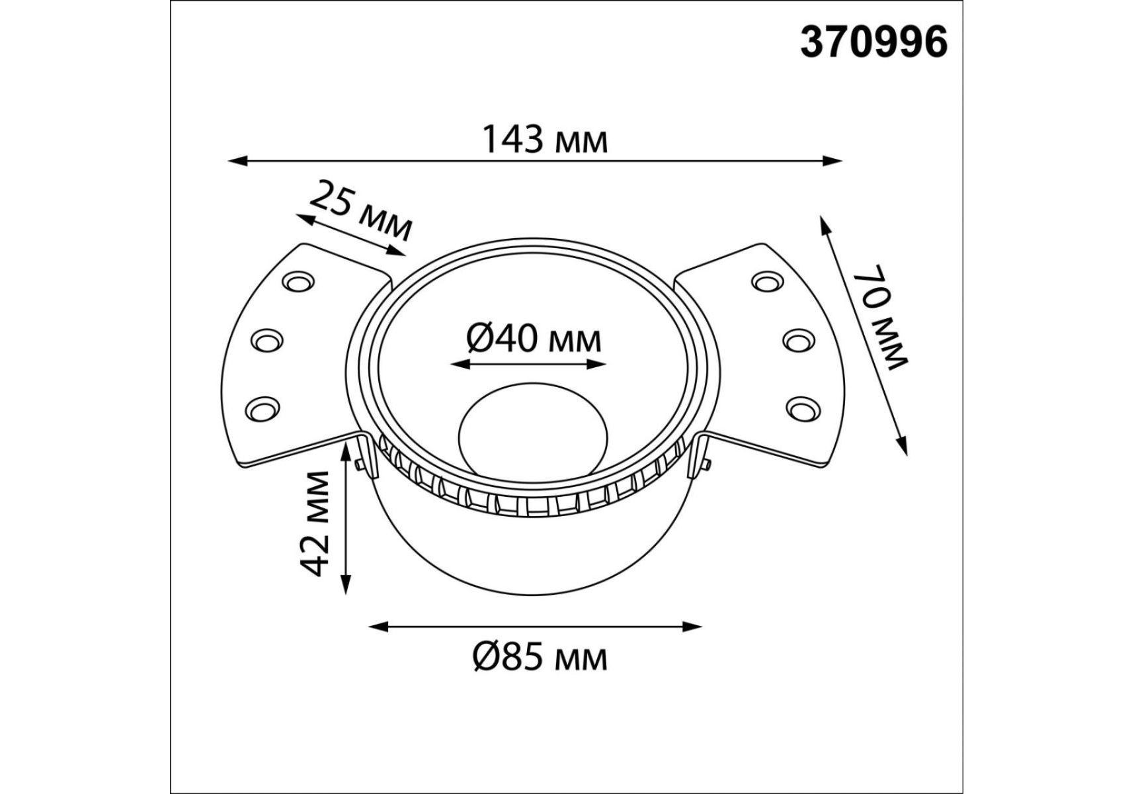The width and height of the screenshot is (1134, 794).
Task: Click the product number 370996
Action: coord(873,43)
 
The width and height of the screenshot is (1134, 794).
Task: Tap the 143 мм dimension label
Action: coord(544,140)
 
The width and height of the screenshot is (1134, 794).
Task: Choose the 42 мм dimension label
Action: coord(313,523)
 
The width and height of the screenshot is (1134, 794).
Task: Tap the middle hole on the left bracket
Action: coord(266,341)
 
